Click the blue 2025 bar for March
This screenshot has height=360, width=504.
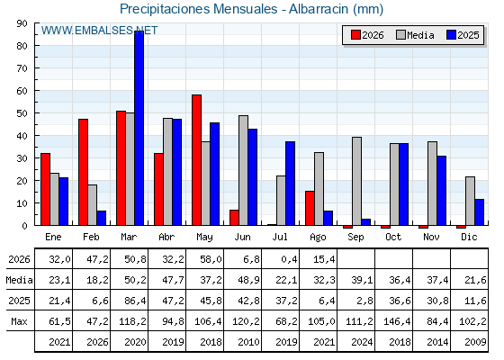tap(139, 128)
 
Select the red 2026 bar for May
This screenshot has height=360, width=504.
tap(197, 160)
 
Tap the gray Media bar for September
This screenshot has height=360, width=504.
tap(356, 181)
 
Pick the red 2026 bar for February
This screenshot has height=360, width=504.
tap(83, 172)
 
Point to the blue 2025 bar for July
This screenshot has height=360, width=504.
tap(290, 184)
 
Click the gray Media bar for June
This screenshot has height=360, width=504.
tap(244, 170)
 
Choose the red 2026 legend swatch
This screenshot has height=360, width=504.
tap(355, 35)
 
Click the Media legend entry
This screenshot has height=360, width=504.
tap(415, 35)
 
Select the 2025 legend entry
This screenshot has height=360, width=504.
tap(463, 35)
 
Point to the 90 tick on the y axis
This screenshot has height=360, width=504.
tap(22, 23)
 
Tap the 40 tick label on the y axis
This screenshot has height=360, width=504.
tap(22, 136)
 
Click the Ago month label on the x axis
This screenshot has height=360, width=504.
tap(318, 238)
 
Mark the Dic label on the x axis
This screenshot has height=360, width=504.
tap(469, 237)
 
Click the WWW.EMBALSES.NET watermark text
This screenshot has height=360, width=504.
tap(99, 31)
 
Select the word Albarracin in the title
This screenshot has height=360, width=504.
tap(319, 9)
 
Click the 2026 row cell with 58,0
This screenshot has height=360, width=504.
tap(211, 259)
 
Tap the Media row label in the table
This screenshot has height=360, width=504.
tap(19, 280)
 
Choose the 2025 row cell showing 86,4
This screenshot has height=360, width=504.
tap(135, 301)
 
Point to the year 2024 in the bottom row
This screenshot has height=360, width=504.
tap(362, 342)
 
